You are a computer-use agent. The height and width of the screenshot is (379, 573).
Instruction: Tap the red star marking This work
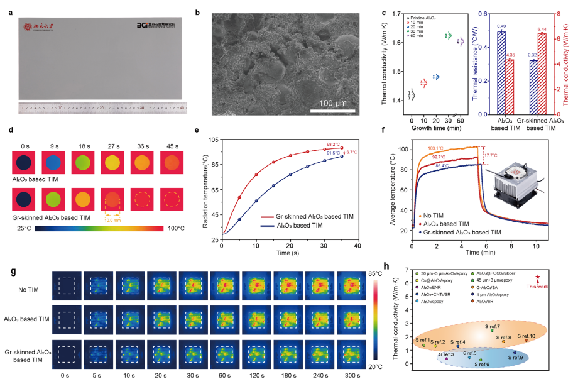tap(538, 277)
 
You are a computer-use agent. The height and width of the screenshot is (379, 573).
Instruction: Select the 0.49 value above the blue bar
tap(502, 26)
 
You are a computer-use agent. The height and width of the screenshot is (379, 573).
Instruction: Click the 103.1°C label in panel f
tap(437, 148)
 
